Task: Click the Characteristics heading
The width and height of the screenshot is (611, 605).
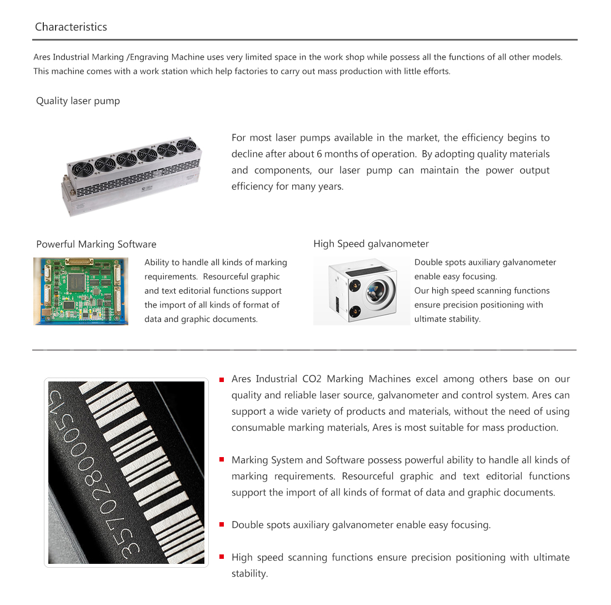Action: tap(71, 27)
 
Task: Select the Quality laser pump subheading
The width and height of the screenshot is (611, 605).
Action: tap(78, 101)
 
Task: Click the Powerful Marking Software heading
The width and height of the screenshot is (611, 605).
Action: tap(96, 244)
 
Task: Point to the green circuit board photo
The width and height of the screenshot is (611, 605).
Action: tap(81, 291)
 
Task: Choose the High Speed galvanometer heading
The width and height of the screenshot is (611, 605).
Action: tap(371, 244)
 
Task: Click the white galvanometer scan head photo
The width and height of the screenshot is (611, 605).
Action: tap(362, 291)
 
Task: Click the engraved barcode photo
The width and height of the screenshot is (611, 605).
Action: tap(126, 473)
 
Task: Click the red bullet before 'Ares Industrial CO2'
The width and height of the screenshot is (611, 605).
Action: tap(222, 380)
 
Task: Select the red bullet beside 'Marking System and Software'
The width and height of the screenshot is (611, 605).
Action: tap(222, 460)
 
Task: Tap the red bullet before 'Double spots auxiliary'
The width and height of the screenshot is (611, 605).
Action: tap(222, 524)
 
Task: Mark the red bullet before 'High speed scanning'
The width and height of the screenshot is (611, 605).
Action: tap(222, 557)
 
